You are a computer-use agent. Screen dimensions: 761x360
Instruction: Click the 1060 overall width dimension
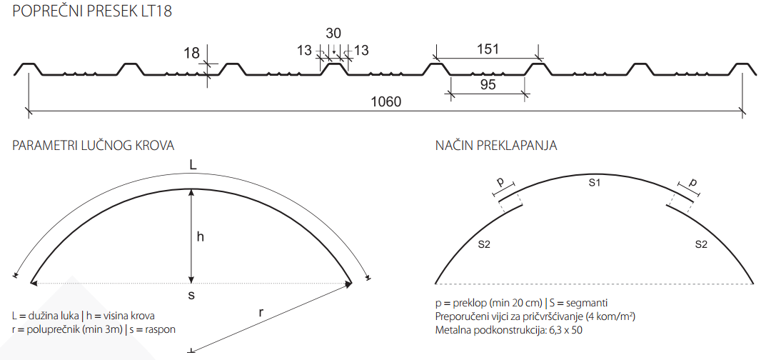pyautogui.click(x=386, y=102)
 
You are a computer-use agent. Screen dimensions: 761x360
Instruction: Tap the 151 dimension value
pyautogui.click(x=487, y=49)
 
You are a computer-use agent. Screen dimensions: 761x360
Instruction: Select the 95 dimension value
pyautogui.click(x=488, y=84)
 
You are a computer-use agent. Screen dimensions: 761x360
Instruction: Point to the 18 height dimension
pyautogui.click(x=192, y=53)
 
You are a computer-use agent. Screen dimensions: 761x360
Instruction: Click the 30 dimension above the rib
pyautogui.click(x=333, y=33)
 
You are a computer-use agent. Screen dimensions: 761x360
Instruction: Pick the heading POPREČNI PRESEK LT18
pyautogui.click(x=92, y=11)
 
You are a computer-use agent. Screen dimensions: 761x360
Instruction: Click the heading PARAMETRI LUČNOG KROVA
pyautogui.click(x=94, y=145)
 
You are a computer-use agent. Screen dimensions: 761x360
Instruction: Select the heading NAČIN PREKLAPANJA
pyautogui.click(x=496, y=145)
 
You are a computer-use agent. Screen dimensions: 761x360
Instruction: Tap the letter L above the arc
pyautogui.click(x=193, y=166)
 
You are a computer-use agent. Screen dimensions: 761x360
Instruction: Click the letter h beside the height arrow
pyautogui.click(x=201, y=236)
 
